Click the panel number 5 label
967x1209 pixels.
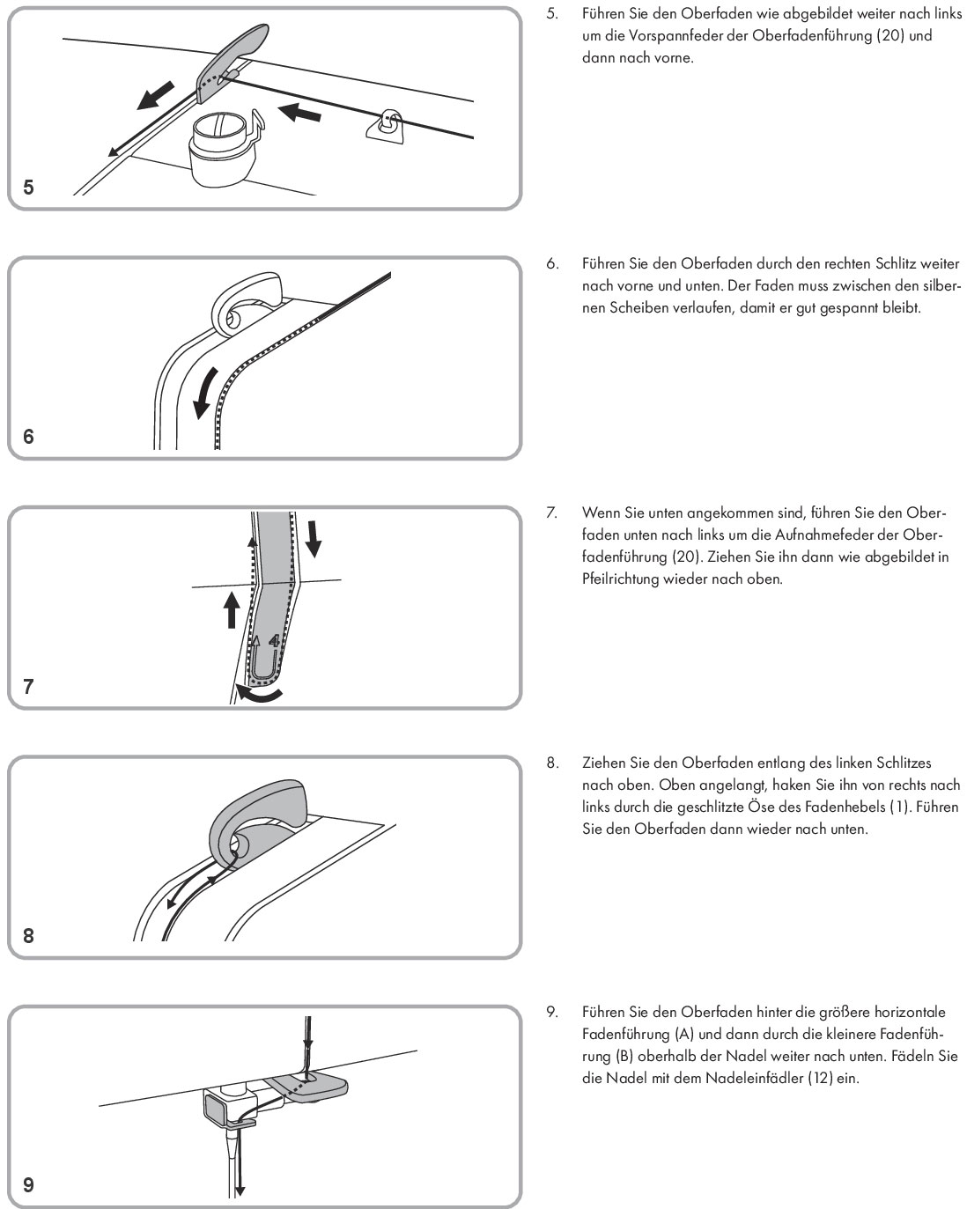click(x=28, y=187)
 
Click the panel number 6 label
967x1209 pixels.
click(x=28, y=436)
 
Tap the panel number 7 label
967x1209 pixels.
click(x=28, y=686)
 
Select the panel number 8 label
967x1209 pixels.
click(x=28, y=936)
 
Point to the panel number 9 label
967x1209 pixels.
click(x=28, y=1185)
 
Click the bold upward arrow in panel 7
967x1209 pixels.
click(x=232, y=609)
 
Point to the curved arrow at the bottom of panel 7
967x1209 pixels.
click(x=263, y=697)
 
